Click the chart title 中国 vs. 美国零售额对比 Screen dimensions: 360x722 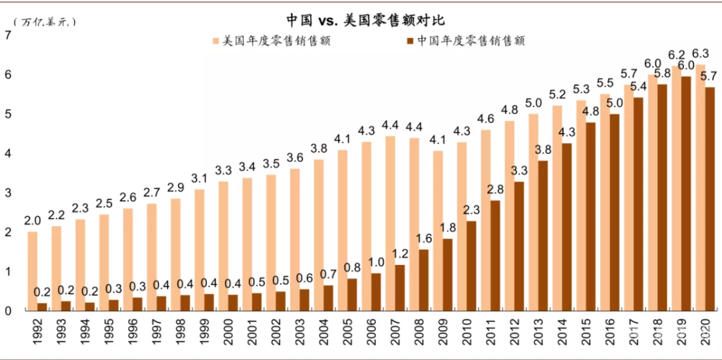[x=361, y=19]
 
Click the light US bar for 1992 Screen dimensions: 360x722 [x=32, y=271]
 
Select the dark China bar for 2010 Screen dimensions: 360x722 [x=471, y=266]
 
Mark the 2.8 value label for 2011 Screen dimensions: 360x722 [x=495, y=189]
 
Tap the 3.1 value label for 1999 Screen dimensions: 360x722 [x=199, y=177]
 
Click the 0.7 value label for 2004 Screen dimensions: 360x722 [x=328, y=274]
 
